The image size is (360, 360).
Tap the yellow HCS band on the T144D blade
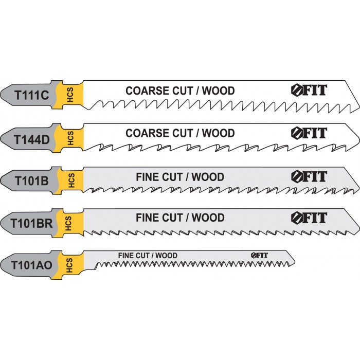click(71, 138)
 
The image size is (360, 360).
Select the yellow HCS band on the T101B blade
click(71, 181)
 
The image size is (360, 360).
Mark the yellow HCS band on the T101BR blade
click(71, 223)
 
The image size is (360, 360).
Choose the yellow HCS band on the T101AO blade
click(70, 265)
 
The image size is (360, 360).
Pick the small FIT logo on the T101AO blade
click(260, 256)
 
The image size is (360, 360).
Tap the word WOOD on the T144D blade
click(218, 133)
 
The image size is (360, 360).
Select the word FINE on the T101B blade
click(149, 177)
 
